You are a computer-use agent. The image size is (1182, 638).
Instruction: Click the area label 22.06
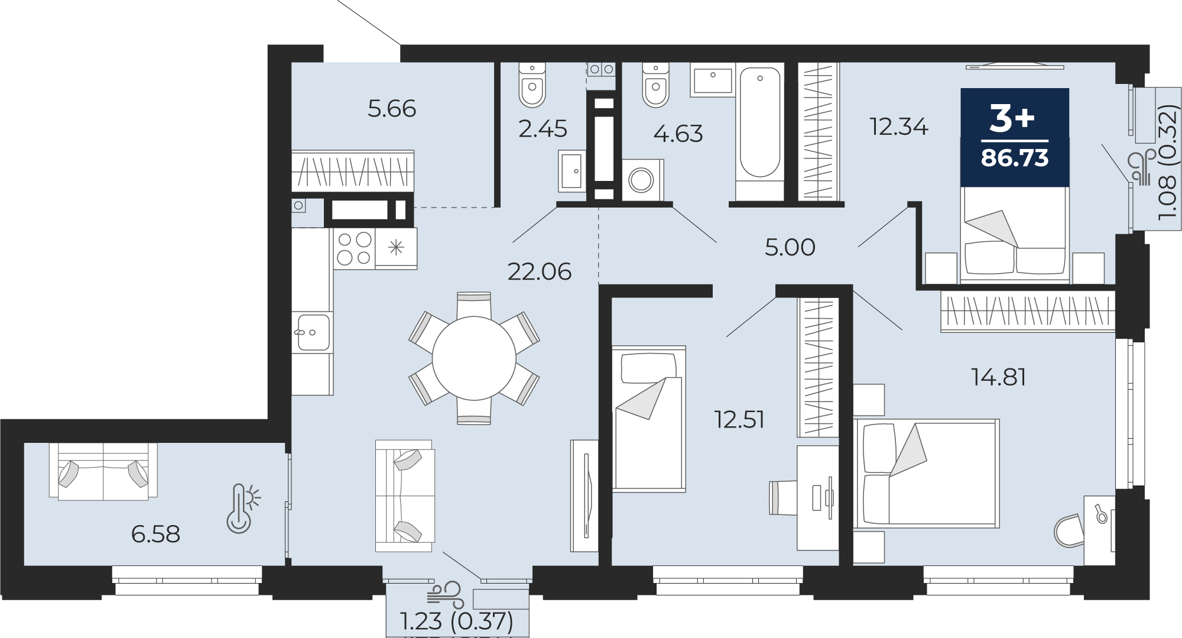(x=540, y=272)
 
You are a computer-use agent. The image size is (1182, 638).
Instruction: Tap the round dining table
(x=474, y=358)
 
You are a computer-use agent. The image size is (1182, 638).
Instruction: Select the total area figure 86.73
(x=1015, y=158)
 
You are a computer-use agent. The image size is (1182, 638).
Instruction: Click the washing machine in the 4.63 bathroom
(x=642, y=180)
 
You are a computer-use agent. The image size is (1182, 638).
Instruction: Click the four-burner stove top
(x=354, y=248)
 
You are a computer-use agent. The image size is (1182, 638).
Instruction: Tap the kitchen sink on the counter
(x=313, y=332)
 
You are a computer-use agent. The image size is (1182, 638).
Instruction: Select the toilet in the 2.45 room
(x=532, y=85)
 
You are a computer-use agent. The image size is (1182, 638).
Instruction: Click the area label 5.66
(x=392, y=109)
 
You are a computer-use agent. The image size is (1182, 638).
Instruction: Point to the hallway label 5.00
(x=790, y=247)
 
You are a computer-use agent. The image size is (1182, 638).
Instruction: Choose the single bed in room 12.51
(x=649, y=419)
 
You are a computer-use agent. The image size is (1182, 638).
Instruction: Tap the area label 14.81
(x=999, y=377)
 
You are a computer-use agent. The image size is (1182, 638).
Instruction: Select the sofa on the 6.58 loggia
(x=103, y=471)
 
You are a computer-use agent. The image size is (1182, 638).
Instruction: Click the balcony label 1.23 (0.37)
(x=457, y=621)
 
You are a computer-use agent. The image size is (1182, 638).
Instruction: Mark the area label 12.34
(x=899, y=127)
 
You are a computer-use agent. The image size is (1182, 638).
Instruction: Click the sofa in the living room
(x=405, y=495)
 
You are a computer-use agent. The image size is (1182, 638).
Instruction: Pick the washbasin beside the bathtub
(x=712, y=82)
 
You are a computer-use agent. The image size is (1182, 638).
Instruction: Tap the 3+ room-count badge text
(x=1012, y=118)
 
